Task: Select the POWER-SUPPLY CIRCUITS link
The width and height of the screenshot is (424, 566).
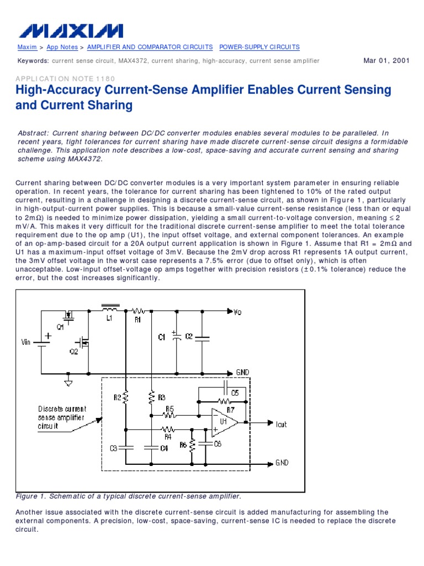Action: pyautogui.click(x=259, y=48)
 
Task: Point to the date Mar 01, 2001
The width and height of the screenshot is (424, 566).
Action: pyautogui.click(x=386, y=61)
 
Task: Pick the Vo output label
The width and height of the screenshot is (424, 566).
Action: pyautogui.click(x=237, y=312)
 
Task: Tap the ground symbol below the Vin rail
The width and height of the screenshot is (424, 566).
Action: pyautogui.click(x=68, y=381)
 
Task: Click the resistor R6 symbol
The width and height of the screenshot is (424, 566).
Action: pyautogui.click(x=192, y=445)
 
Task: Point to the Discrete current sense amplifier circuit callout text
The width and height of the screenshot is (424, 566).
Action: pyautogui.click(x=62, y=417)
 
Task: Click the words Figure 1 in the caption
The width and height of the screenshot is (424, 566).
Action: pyautogui.click(x=30, y=496)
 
